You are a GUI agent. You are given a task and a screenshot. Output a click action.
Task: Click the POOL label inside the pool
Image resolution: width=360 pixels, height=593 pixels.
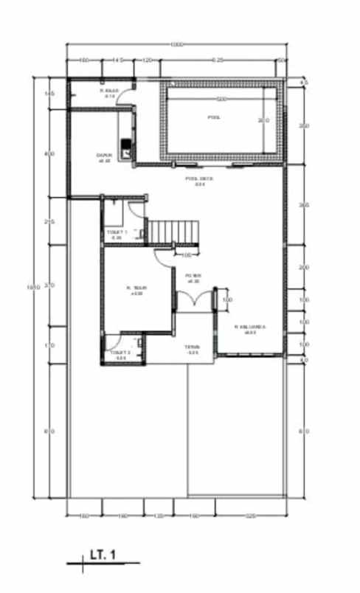point(214,117)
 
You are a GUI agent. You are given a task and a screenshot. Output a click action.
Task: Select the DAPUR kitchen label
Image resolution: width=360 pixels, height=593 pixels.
point(103,157)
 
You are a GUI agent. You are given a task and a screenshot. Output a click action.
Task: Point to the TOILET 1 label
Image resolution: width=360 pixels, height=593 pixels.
point(117,235)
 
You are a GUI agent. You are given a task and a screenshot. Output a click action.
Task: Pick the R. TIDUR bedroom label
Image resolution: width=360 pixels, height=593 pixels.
point(136,289)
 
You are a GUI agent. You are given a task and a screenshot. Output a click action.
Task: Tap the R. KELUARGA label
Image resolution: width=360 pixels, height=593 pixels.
point(250,328)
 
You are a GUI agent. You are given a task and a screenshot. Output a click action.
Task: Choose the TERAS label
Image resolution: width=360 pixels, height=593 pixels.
point(193,350)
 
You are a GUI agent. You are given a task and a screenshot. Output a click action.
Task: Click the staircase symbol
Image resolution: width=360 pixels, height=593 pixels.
point(174,231)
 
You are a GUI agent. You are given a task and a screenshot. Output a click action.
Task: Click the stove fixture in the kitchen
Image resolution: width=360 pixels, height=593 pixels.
point(127,148)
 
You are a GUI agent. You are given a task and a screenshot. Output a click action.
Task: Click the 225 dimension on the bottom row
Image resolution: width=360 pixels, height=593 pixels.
point(251,516)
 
